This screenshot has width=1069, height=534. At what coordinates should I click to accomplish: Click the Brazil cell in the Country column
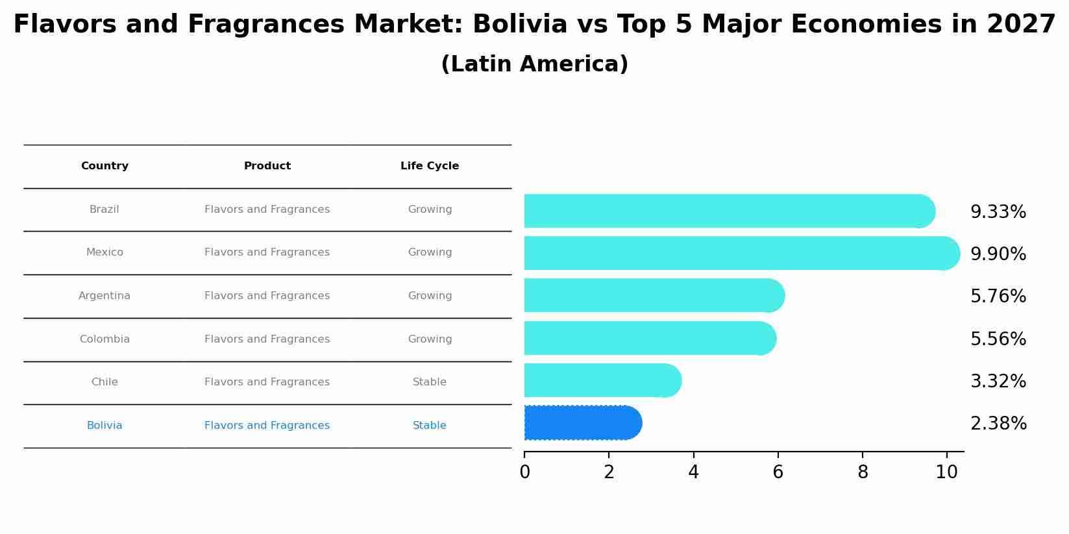pos(104,210)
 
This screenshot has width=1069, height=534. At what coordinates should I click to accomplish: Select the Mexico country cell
pos(104,252)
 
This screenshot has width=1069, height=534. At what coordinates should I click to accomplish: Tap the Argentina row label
pos(104,296)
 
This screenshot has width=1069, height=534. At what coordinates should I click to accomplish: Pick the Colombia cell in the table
pos(104,339)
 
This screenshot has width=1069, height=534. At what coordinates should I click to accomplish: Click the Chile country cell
pos(104,382)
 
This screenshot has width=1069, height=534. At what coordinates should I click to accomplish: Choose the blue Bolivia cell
pos(104,426)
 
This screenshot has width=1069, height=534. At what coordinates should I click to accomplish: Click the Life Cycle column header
pos(430,166)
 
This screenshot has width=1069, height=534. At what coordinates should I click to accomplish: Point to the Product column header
pos(267,166)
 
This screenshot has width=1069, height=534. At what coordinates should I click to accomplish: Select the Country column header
pos(104,166)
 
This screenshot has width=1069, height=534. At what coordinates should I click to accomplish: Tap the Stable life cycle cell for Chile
pos(430,382)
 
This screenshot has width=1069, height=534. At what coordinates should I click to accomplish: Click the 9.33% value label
pos(998,212)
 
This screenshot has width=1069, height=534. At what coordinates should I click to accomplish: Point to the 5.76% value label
pos(998,297)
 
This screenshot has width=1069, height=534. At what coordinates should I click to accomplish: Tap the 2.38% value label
pos(998,424)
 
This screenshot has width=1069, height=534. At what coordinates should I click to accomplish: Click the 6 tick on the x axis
pos(778,472)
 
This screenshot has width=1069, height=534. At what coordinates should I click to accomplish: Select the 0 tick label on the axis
pos(524,472)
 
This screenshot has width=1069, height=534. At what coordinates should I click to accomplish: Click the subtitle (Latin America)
pos(534,64)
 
